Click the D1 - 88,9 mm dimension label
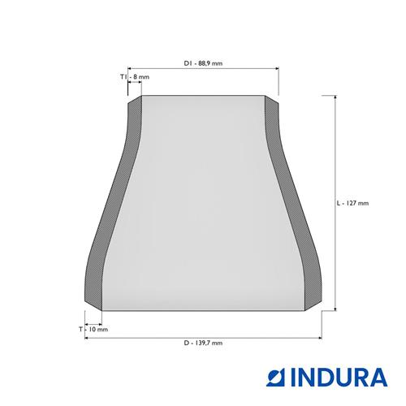pos(203,63)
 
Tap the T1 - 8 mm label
pos(135,77)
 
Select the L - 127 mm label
pos(352,203)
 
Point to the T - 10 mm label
pos(93,330)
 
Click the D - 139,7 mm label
pos(203,343)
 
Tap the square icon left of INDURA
pos(275,378)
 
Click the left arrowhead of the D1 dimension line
pos(130,69)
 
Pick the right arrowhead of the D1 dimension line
pos(277,69)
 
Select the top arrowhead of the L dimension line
pos(335,97)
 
